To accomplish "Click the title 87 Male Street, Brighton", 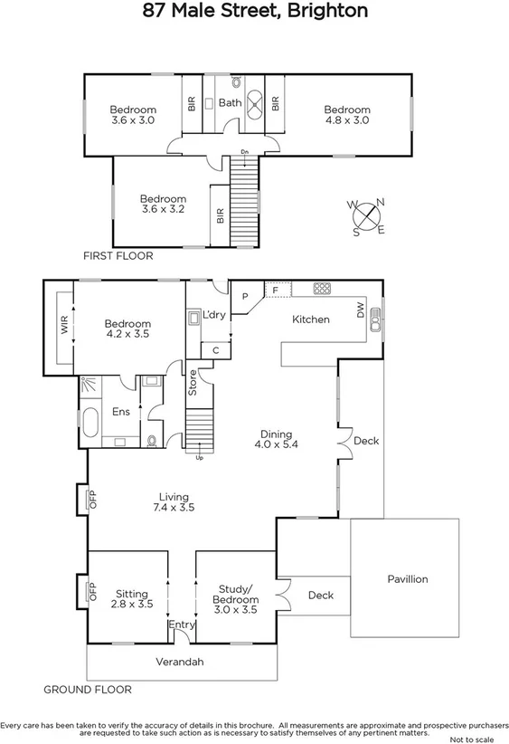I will click(256, 12).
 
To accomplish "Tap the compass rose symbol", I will click(367, 217).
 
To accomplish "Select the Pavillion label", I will click(407, 579).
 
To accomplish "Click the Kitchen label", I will click(310, 320).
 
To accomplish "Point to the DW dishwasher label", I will click(360, 312).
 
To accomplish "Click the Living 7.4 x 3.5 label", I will click(174, 502).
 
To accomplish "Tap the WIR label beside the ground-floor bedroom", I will click(64, 328).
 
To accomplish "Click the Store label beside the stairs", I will click(192, 386).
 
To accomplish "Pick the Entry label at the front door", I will click(182, 625).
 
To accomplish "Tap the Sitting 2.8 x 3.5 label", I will click(131, 599).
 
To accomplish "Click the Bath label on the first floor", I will click(230, 103).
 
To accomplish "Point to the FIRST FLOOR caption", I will click(118, 256).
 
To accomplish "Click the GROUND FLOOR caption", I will click(88, 690).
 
